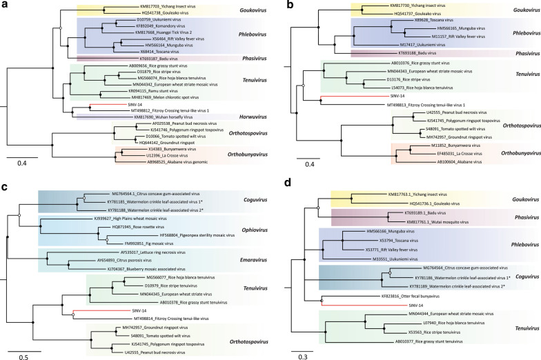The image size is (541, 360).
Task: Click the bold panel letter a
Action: [6, 6]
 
